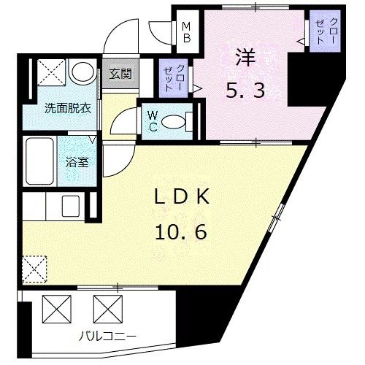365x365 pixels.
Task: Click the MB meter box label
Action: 187,31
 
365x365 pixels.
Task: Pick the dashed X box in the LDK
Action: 35,268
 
